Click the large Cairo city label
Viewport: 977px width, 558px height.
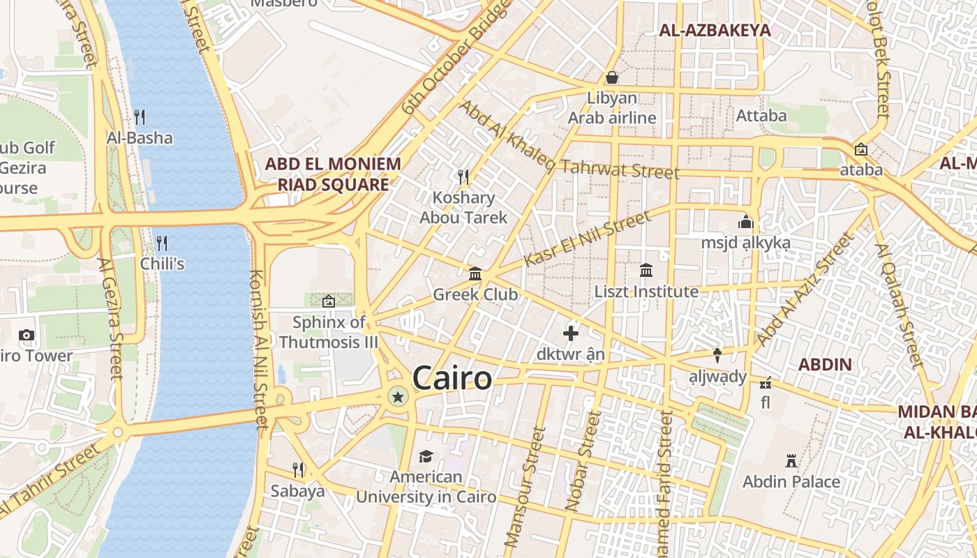click(x=452, y=379)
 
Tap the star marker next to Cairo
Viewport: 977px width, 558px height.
click(x=398, y=398)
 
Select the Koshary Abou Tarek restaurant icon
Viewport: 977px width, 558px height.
click(x=462, y=175)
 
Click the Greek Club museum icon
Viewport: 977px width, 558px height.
click(x=475, y=273)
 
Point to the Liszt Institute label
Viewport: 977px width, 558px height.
click(x=646, y=292)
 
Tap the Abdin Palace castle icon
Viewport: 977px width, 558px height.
click(x=791, y=461)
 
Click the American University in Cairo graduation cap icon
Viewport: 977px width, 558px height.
click(x=426, y=456)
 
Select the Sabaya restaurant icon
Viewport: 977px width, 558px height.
click(x=298, y=469)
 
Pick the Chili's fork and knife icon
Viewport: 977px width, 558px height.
click(x=162, y=243)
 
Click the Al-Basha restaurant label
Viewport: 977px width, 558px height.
click(x=140, y=137)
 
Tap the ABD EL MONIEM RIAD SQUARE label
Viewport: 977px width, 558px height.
click(x=333, y=174)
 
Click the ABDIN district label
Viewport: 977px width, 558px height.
click(x=825, y=364)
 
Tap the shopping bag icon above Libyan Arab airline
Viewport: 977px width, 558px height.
click(x=612, y=77)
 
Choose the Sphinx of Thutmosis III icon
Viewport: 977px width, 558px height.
click(x=328, y=301)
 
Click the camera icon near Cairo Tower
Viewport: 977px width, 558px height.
click(x=27, y=335)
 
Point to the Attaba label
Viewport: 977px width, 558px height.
click(x=761, y=115)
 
